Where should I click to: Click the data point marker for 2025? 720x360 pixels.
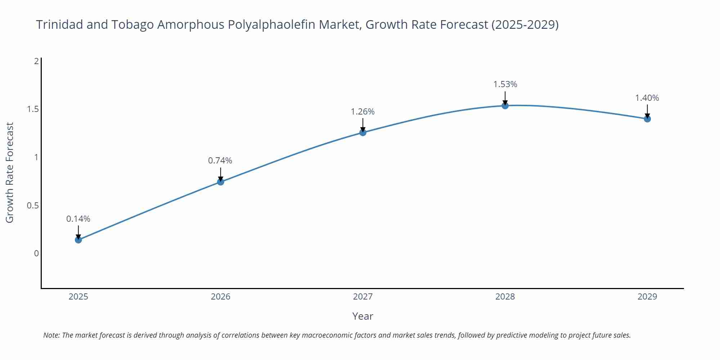click(x=78, y=240)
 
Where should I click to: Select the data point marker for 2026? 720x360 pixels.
click(x=220, y=182)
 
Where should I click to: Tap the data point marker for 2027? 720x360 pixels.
click(x=363, y=132)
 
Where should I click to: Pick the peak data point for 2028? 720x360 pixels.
click(x=505, y=105)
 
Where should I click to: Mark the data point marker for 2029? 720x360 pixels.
click(x=647, y=119)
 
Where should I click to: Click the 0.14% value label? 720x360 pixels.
click(x=78, y=219)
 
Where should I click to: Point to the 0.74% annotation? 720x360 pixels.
click(x=220, y=161)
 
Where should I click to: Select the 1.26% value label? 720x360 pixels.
click(x=363, y=112)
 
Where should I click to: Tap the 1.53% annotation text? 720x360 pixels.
click(x=505, y=84)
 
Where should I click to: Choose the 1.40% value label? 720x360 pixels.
click(x=647, y=98)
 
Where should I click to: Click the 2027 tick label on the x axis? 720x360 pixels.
click(x=363, y=297)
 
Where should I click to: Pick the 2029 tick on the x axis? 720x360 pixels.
click(x=647, y=297)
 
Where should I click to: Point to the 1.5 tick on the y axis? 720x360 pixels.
click(x=33, y=109)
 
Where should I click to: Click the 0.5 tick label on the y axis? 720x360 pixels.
click(x=33, y=206)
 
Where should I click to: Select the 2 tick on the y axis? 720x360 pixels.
click(x=36, y=61)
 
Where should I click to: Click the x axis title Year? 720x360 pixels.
click(x=363, y=316)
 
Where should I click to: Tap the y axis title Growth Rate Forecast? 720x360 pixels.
click(x=10, y=173)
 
